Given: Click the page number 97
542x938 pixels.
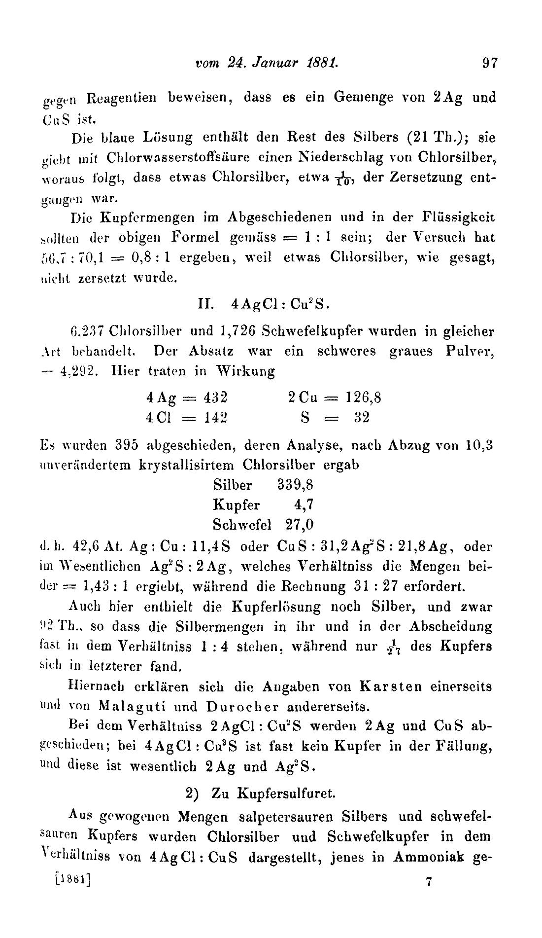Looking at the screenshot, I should click(490, 64).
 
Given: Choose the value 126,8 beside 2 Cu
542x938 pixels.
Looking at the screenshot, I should click(363, 397).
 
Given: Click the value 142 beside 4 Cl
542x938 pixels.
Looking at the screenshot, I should click(215, 418).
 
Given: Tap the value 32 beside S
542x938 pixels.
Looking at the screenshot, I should click(362, 418).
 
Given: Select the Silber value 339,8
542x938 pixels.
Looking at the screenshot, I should click(295, 485).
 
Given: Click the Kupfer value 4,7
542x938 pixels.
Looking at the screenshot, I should click(305, 505).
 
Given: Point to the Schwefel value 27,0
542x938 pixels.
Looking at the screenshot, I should click(300, 525).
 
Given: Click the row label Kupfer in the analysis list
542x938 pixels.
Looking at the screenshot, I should click(237, 505).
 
